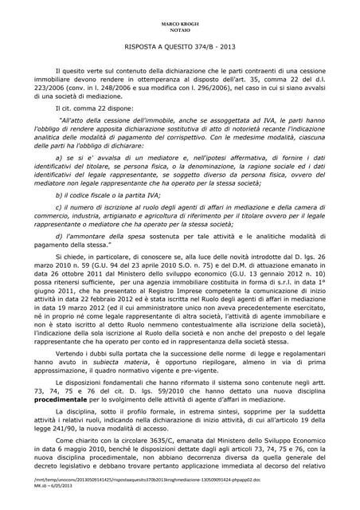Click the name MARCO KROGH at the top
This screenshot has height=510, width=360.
[181, 16]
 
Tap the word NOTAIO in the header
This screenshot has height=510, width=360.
[181, 23]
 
